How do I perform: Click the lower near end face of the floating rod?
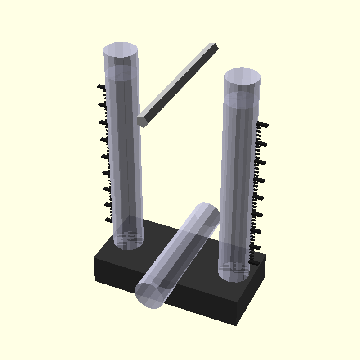142,121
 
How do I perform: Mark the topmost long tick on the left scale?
101,86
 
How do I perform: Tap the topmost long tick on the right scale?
262,125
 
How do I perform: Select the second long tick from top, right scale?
262,144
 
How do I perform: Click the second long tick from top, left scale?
103,105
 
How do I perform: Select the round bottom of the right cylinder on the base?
234,273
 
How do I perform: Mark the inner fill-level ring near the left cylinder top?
121,71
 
